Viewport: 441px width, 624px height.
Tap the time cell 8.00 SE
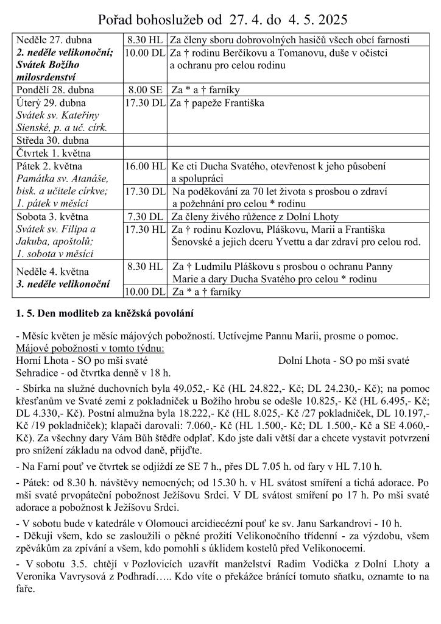(144, 90)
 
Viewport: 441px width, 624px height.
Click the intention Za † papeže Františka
(217, 103)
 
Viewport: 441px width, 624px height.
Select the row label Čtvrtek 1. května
(54, 153)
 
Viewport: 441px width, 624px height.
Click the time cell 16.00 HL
(145, 166)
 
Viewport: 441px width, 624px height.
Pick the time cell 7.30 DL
(144, 216)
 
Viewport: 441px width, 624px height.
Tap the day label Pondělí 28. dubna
(56, 90)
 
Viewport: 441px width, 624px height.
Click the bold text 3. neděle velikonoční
(63, 284)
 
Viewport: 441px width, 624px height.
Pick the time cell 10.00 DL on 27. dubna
(145, 52)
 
